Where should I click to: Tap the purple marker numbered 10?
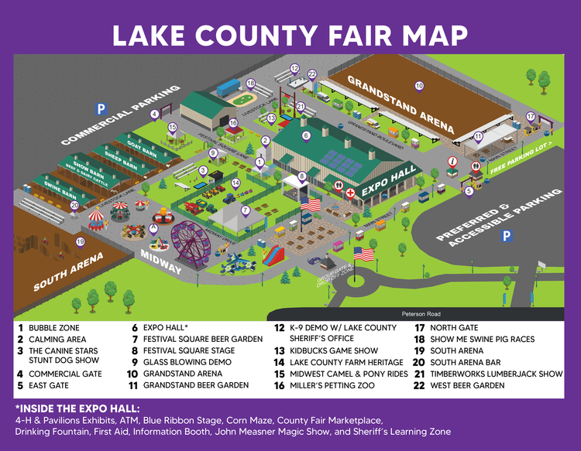pos(419,86)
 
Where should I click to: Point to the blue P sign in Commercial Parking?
pos(100,108)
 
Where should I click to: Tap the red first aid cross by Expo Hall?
pos(350,193)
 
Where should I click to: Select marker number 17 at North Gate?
pos(531,116)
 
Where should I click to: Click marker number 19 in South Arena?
pos(80,242)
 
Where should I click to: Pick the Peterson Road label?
pos(421,313)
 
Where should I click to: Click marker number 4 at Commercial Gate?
pos(154,114)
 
